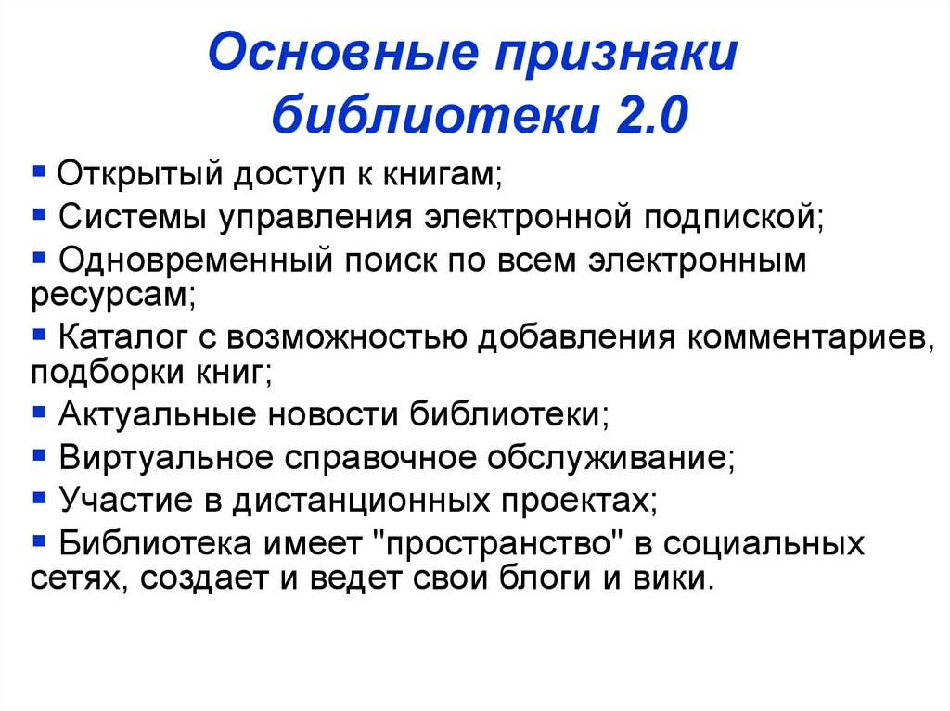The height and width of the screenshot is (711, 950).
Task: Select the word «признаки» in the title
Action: (619, 57)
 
